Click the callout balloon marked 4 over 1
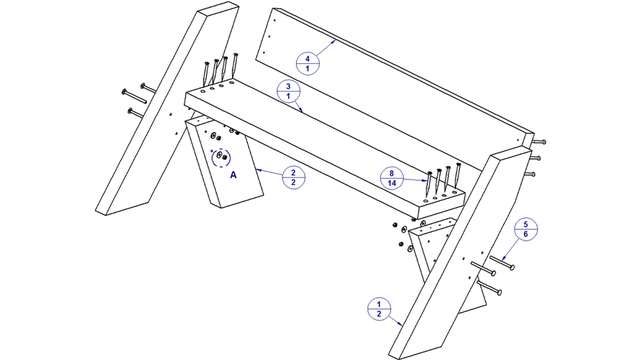pos(308,63)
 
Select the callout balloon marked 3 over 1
pos(288,91)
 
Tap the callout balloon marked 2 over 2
pos(293,178)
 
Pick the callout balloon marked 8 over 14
pos(392,178)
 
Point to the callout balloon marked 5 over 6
pos(526,229)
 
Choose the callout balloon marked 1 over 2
pos(379,309)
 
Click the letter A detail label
pos(233,175)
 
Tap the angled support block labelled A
pos(224,163)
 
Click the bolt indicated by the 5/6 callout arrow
pos(502,262)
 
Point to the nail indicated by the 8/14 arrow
pos(429,186)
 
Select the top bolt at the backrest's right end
pos(539,142)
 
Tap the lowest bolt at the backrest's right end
pos(529,174)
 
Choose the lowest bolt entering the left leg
pos(136,113)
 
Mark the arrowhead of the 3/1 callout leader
pos(301,110)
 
